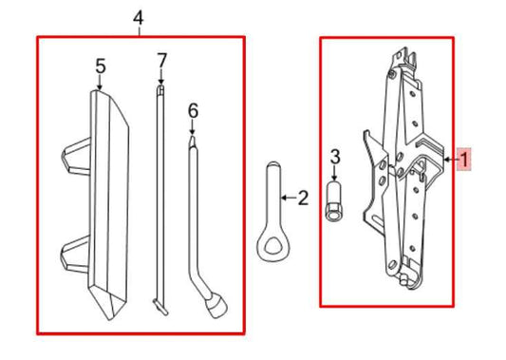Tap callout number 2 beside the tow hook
coord(303,199)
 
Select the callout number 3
coord(334,156)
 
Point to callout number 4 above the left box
coord(139,18)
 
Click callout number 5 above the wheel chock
coord(100,66)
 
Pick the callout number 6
coord(193,111)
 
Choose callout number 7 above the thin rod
coord(161,61)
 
